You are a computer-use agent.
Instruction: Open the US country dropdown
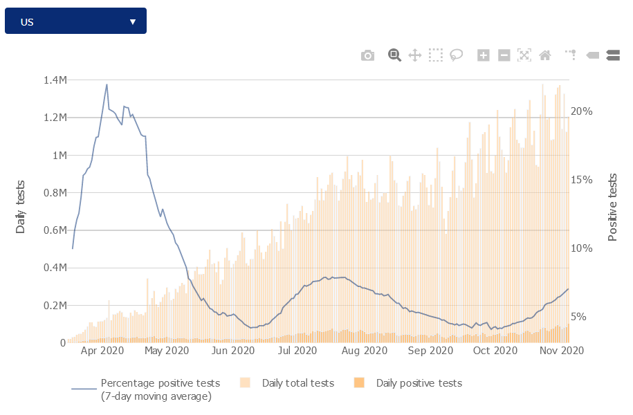point(75,21)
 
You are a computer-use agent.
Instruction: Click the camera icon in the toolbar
point(367,55)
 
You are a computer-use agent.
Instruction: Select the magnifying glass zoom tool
point(394,55)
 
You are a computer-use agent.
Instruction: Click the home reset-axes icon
point(545,55)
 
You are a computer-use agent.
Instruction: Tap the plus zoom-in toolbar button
point(484,55)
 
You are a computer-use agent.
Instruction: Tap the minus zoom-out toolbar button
point(504,55)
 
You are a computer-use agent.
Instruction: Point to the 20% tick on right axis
point(582,111)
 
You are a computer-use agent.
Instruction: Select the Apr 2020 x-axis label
point(102,351)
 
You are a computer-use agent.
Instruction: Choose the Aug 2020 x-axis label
point(365,351)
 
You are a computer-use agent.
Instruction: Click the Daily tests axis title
point(21,207)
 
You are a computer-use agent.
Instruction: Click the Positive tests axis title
point(612,207)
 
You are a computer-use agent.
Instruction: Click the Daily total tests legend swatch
point(245,383)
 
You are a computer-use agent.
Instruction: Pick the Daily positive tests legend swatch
point(359,383)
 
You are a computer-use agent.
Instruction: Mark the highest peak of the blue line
point(107,84)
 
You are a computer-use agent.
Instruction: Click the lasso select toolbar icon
point(456,55)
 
